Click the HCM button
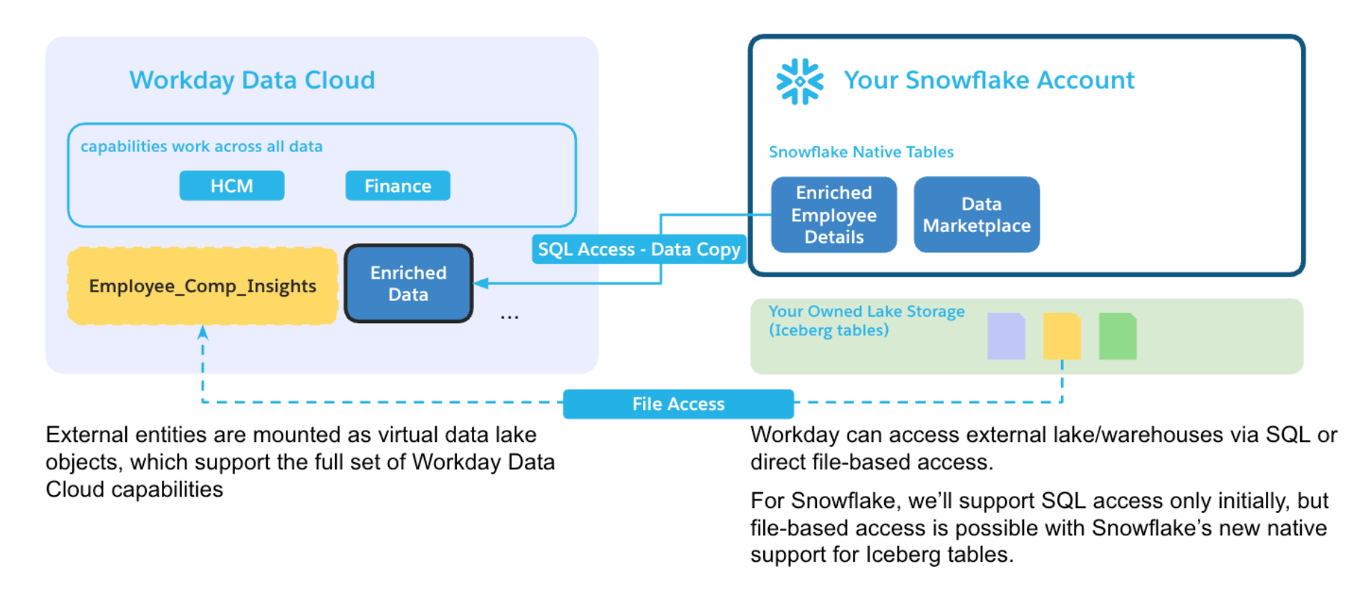click(x=231, y=186)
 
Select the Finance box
click(x=397, y=186)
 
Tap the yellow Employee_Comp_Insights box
click(x=203, y=286)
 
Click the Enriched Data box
click(x=408, y=284)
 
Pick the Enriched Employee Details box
click(x=833, y=214)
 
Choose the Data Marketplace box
click(x=977, y=214)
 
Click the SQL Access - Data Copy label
click(x=639, y=249)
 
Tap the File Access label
click(x=678, y=404)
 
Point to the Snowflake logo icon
click(x=800, y=82)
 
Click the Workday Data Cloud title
click(x=252, y=80)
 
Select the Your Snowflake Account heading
click(x=989, y=80)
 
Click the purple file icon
click(x=1006, y=336)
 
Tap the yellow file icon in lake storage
click(x=1062, y=336)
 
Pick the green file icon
click(x=1118, y=336)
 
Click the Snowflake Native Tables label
click(x=861, y=152)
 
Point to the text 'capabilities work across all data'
click(x=201, y=146)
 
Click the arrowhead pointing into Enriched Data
click(x=481, y=284)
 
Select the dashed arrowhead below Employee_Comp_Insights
click(x=203, y=332)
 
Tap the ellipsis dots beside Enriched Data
click(x=509, y=317)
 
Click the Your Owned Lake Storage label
click(x=866, y=320)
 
